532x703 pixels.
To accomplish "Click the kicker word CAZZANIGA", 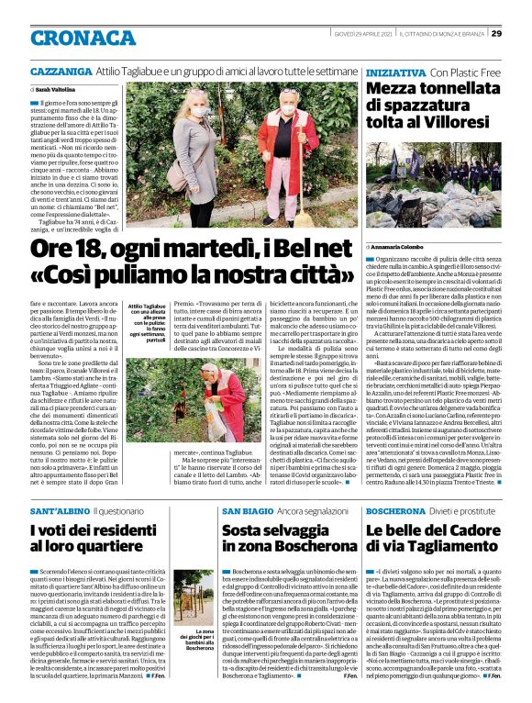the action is [x=61, y=71].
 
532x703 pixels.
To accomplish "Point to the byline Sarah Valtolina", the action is [x=57, y=90].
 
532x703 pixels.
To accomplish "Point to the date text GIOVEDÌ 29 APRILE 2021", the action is [x=386, y=33].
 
